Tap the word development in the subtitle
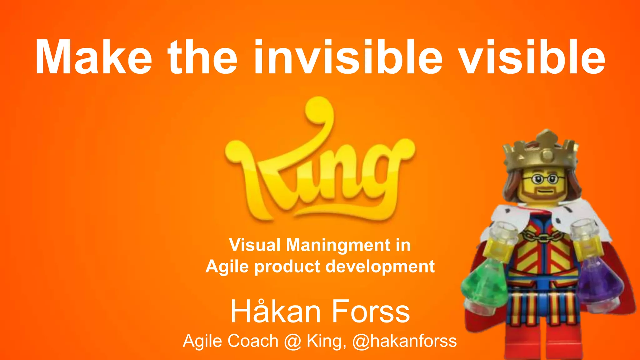point(380,267)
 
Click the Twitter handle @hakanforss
point(404,341)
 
